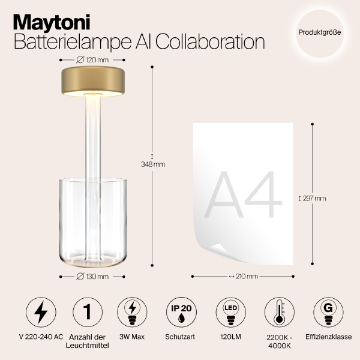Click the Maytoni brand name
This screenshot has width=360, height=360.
(x=52, y=22)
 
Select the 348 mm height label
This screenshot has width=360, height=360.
(x=152, y=164)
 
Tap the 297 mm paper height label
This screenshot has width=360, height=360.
(x=313, y=198)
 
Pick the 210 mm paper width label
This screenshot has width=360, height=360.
(x=243, y=277)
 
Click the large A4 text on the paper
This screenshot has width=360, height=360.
(x=244, y=195)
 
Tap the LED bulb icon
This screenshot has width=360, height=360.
(x=229, y=312)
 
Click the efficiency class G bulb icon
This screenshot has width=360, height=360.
(x=328, y=313)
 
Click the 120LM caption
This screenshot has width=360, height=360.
(x=229, y=338)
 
